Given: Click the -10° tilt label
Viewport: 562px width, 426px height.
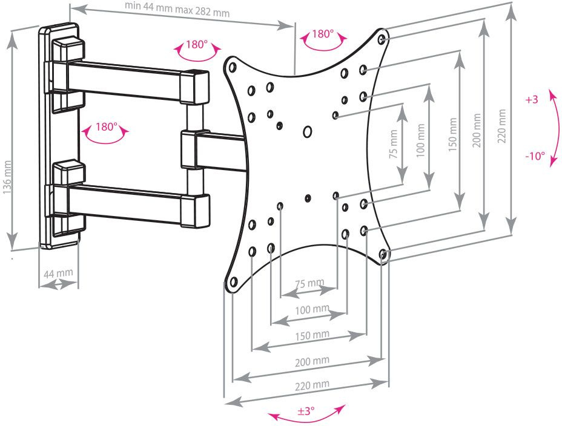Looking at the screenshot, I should (534, 156).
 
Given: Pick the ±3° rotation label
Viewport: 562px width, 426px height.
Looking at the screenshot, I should (306, 411).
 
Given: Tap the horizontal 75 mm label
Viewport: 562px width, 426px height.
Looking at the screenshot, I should (309, 283).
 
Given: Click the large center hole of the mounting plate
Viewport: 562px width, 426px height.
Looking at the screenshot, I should (308, 131).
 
